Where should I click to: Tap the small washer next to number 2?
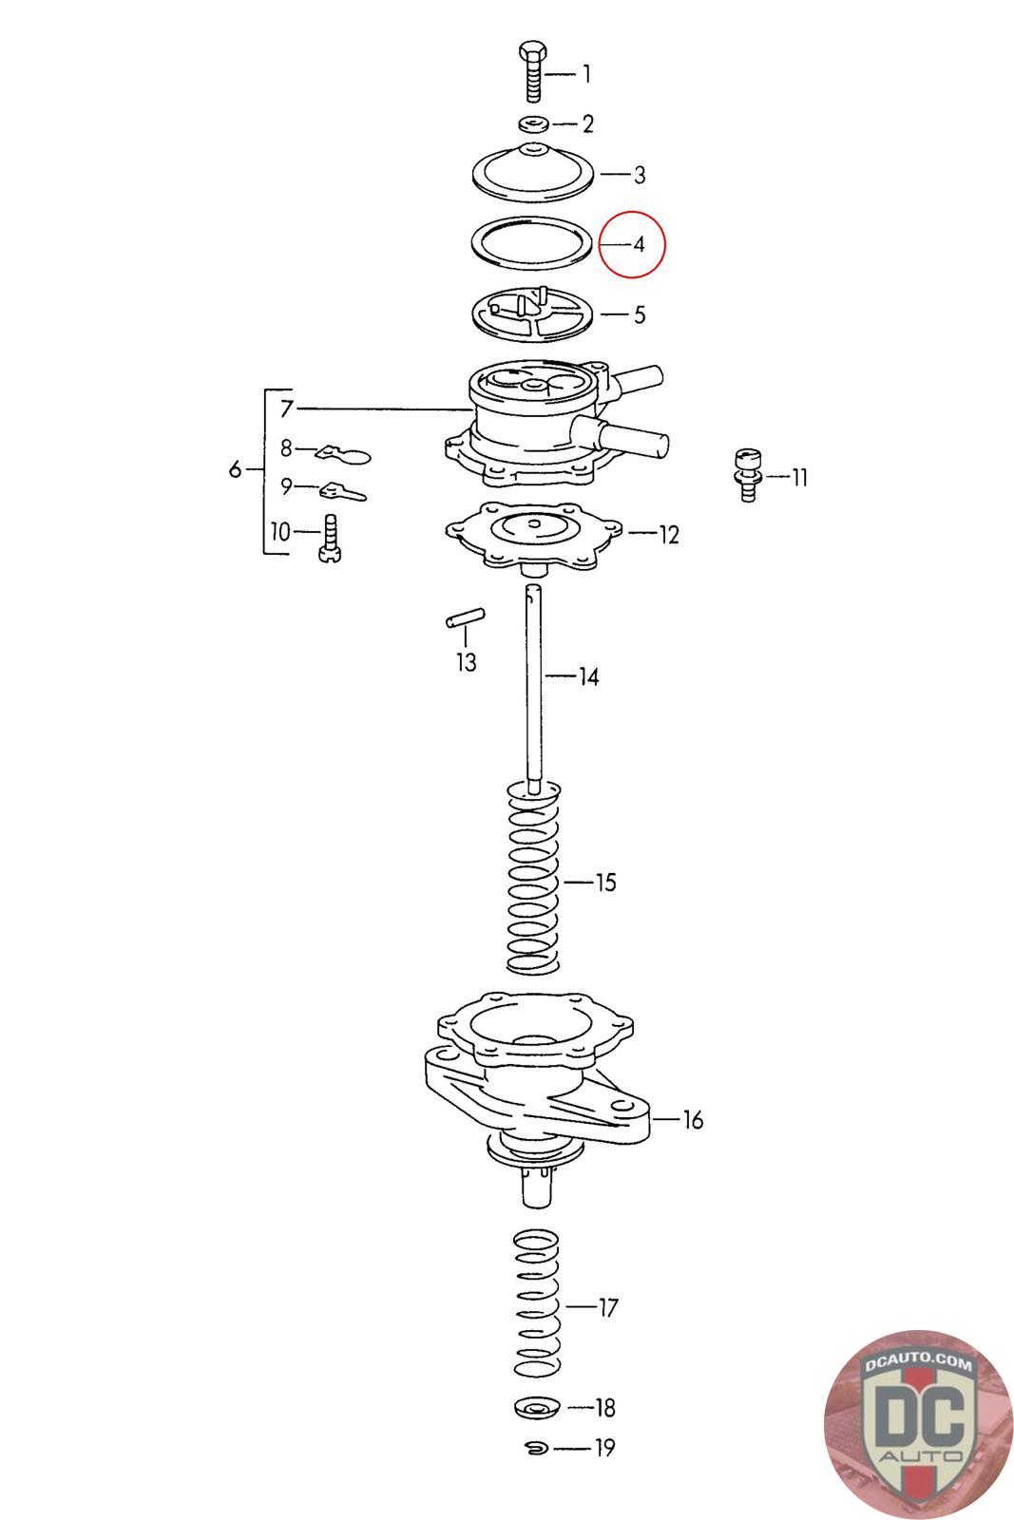(x=532, y=123)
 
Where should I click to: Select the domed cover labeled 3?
(x=533, y=171)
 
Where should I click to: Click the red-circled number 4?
(x=639, y=244)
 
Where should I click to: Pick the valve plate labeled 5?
(x=533, y=314)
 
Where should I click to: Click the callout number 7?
(x=286, y=408)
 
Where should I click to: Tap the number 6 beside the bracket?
(x=235, y=469)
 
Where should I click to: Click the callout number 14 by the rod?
(x=588, y=677)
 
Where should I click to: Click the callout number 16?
(x=693, y=1120)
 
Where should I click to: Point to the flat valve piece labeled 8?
(x=343, y=453)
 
